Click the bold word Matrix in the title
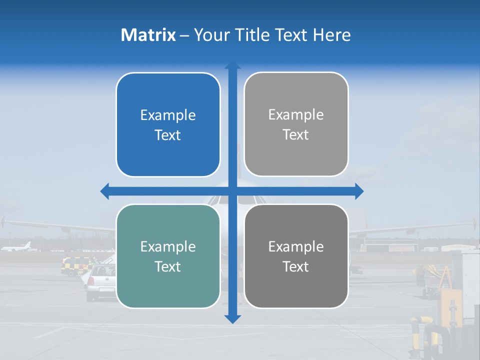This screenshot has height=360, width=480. point(148,35)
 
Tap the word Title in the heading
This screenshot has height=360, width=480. point(252,35)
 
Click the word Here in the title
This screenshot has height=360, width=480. point(332,35)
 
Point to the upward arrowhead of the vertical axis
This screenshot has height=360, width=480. point(232,66)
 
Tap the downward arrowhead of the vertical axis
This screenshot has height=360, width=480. point(232,319)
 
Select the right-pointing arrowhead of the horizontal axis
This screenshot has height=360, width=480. point(359,191)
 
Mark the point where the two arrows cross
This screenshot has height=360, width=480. point(232,191)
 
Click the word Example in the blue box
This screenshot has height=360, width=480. point(168,115)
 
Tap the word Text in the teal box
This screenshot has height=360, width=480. point(168,267)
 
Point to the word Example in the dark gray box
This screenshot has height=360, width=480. point(296,246)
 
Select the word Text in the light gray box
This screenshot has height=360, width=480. point(296,135)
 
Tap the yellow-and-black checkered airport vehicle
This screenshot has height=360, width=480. point(77,265)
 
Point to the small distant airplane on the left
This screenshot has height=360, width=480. point(18,247)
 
